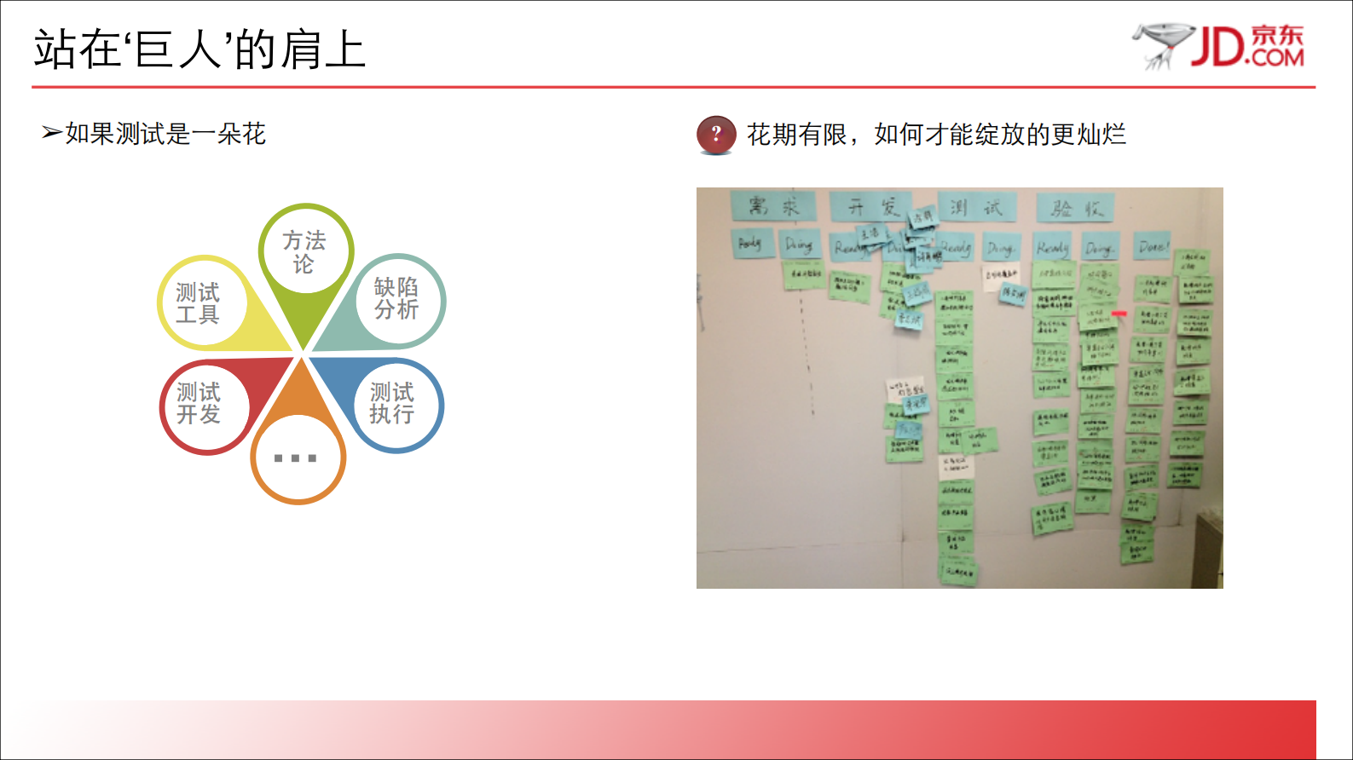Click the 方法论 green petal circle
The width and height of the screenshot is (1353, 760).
(x=305, y=250)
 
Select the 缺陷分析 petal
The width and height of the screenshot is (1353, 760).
(x=396, y=298)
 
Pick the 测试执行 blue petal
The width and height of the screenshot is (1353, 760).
(x=394, y=404)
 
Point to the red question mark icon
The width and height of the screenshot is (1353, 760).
(x=716, y=135)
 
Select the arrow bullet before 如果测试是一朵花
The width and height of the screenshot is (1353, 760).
(x=51, y=133)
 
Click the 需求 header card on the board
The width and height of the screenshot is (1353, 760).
(x=773, y=206)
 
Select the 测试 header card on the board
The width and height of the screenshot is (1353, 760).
(x=977, y=207)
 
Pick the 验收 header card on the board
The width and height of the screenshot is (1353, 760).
(x=1076, y=208)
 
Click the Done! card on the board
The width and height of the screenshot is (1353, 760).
(x=1153, y=247)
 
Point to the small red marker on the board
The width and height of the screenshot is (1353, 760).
(x=1119, y=314)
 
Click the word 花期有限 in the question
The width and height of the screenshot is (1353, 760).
(x=797, y=135)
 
